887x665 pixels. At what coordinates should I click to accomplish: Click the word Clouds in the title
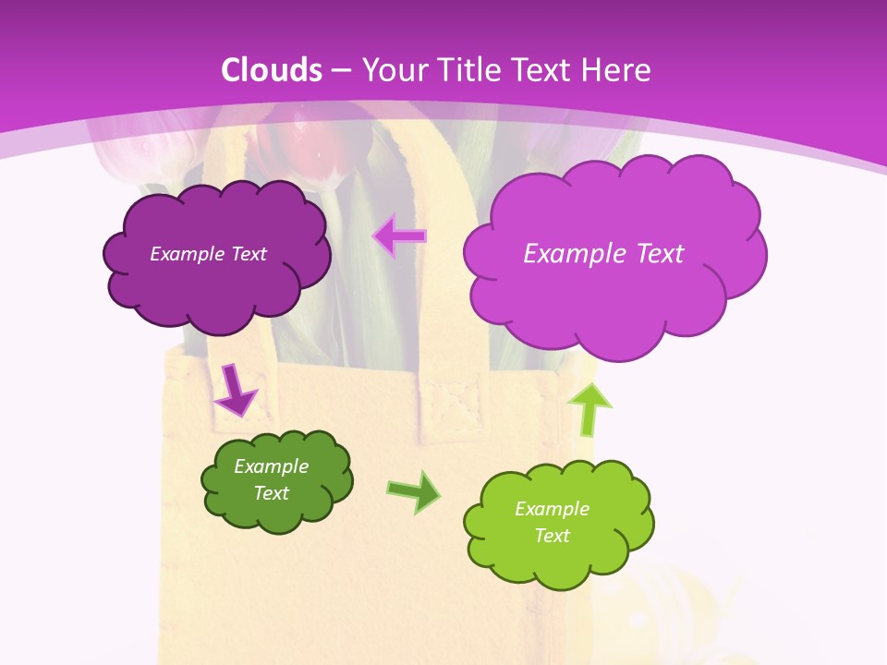(272, 70)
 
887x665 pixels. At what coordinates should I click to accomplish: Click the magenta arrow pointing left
(399, 236)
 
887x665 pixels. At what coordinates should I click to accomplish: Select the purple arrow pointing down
(235, 390)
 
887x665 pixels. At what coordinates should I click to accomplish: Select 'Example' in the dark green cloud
(271, 466)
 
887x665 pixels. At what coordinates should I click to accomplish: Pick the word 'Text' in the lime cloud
(553, 536)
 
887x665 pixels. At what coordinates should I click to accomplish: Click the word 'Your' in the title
(390, 70)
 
